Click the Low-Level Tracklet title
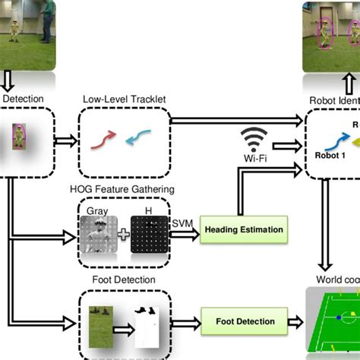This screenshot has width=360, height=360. (x=125, y=99)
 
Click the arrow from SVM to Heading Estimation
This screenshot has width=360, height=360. (x=185, y=229)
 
